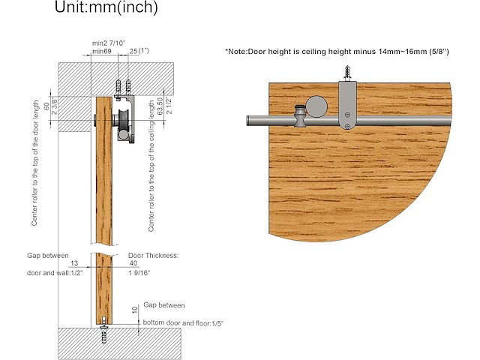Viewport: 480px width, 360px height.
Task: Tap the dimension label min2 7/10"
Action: [x=108, y=44]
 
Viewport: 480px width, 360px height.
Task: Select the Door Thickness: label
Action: [x=154, y=255]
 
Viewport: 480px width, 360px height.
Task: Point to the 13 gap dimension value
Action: [x=73, y=264]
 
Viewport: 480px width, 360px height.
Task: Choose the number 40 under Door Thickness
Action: [x=133, y=264]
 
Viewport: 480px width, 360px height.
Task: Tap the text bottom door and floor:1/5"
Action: [x=183, y=322]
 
